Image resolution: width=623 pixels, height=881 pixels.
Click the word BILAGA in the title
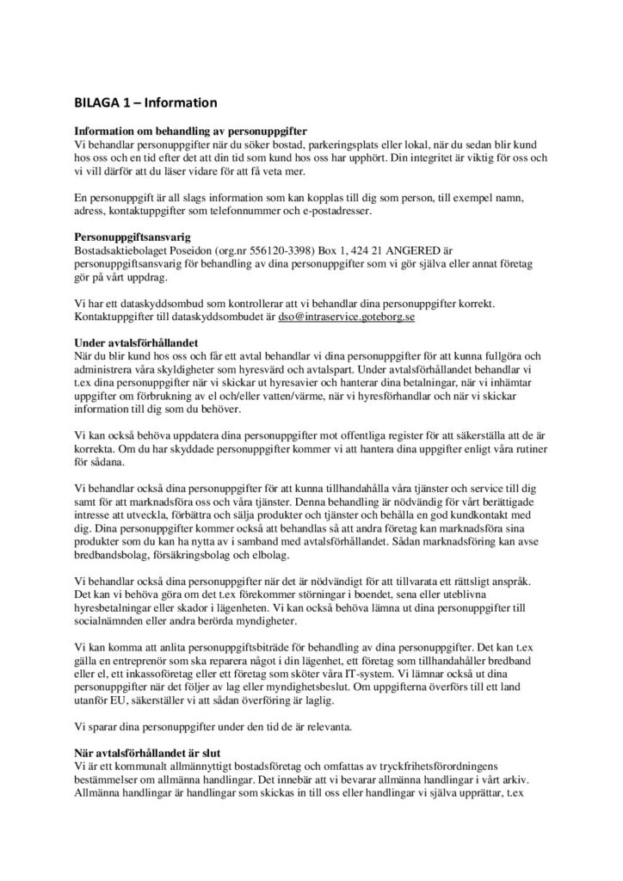coord(95,103)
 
